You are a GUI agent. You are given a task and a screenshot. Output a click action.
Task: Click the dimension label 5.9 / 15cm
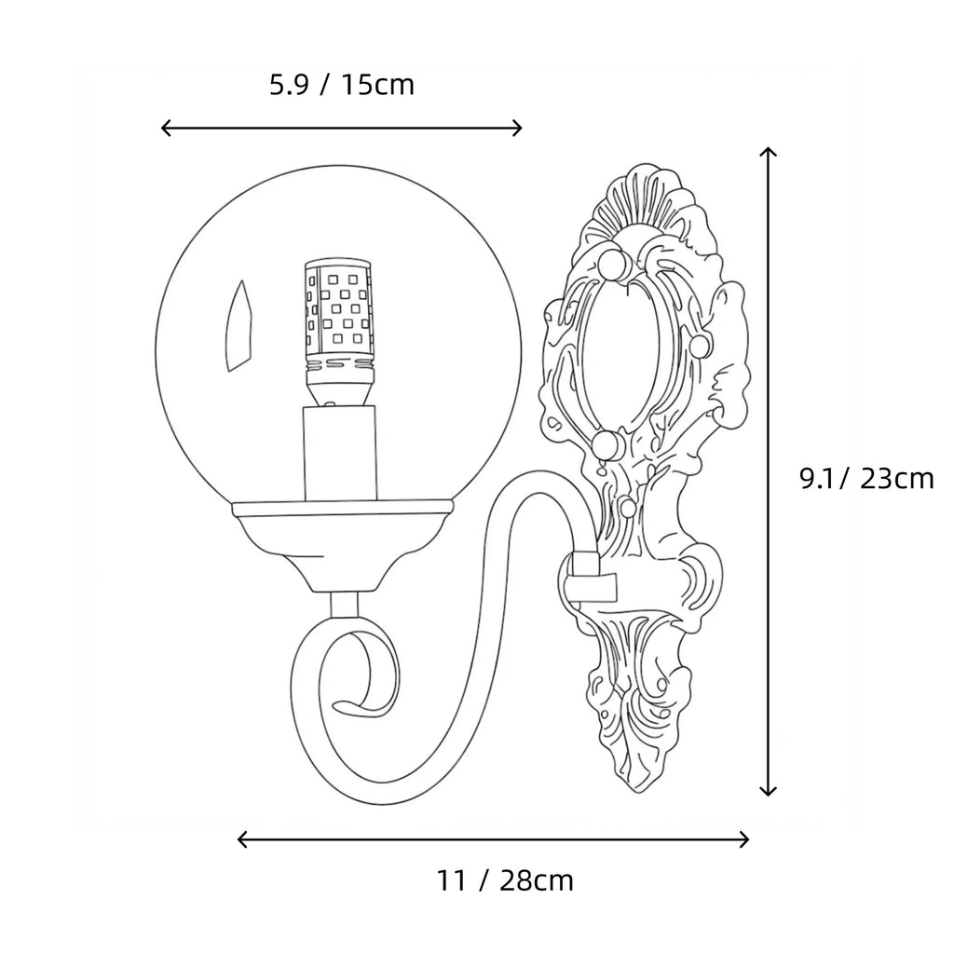pos(342,85)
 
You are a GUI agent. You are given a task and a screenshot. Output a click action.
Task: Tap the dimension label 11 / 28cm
pos(505,880)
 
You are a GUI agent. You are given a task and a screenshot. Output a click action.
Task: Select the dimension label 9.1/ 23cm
pos(866,479)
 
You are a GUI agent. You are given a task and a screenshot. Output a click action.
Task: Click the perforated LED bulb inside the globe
pos(337,333)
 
